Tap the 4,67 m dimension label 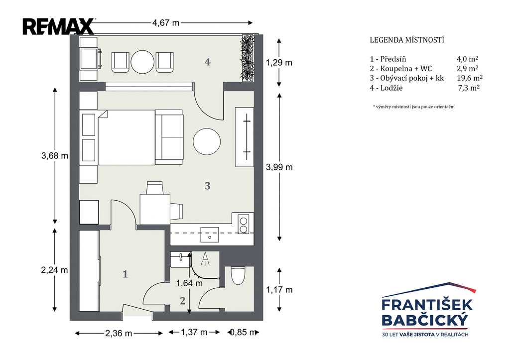pos(166,23)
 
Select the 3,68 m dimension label pos(55,156)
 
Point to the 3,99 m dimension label pos(279,167)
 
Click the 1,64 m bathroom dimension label pos(189,283)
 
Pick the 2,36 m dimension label pos(119,333)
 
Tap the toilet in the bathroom pos(238,275)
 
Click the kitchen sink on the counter pos(210,235)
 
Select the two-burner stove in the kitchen pos(243,225)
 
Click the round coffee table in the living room pos(207,142)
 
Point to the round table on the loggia pos(142,62)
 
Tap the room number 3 pos(208,186)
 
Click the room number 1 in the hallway pos(125,274)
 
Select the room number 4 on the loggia pos(208,62)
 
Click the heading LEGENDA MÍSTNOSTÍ pos(407,40)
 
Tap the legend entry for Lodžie pos(386,88)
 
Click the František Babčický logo pos(427,310)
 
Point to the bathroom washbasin pos(180,259)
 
